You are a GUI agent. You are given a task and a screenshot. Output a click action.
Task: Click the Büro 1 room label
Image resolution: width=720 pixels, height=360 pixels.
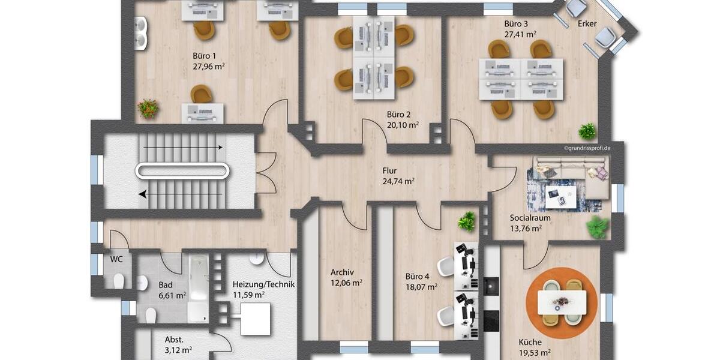point(205,55)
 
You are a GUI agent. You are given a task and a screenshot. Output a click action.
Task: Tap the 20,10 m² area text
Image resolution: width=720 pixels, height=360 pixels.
point(403,125)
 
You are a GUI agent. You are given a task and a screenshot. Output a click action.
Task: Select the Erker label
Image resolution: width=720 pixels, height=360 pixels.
point(587,23)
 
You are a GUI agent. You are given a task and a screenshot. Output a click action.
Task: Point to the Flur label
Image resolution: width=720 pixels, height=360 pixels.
point(390,170)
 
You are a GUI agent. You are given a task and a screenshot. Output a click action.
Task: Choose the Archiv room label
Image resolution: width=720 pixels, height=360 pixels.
point(342,272)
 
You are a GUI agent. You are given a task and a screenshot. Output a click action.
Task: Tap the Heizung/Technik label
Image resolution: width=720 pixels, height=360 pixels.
point(263,284)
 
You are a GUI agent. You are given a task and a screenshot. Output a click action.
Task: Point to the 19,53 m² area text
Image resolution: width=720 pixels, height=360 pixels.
point(535,353)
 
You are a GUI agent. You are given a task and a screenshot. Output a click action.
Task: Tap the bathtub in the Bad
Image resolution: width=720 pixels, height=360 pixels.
point(199,287)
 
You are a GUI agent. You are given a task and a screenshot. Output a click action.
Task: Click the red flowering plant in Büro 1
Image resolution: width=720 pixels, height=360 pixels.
point(148,109)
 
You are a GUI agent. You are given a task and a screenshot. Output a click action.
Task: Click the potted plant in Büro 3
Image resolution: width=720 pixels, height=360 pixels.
point(587,131)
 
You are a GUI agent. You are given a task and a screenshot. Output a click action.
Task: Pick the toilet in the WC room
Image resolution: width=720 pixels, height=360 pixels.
point(119,280)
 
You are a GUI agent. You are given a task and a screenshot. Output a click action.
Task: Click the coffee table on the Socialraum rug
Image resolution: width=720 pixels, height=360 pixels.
point(560,195)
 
